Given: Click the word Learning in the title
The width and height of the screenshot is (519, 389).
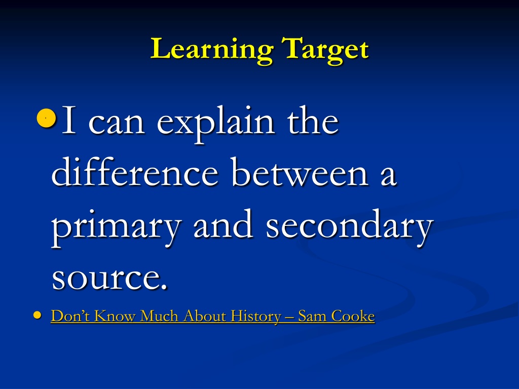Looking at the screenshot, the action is [x=212, y=50].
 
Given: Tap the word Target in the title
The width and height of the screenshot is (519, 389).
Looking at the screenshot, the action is [x=325, y=50].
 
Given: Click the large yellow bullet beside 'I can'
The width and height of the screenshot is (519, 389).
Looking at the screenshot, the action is [x=46, y=118].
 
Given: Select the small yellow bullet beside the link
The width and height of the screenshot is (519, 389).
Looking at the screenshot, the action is [x=38, y=315].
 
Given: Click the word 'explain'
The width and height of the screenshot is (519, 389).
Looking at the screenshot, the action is [x=215, y=123].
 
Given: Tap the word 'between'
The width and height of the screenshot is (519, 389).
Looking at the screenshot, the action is [x=300, y=172].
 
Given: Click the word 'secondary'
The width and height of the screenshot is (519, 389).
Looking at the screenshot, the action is [x=350, y=225].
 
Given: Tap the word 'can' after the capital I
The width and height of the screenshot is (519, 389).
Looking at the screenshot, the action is [x=117, y=123].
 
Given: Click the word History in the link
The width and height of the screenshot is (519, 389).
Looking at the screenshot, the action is [x=256, y=317].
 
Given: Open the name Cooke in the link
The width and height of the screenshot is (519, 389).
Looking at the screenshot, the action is [x=353, y=316].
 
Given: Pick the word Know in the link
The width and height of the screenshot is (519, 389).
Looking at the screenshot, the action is [x=115, y=316].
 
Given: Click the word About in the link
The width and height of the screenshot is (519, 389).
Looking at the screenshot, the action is [x=205, y=316].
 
